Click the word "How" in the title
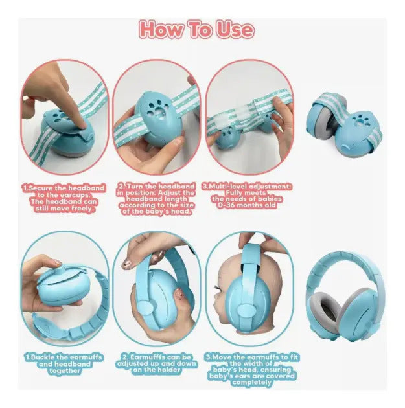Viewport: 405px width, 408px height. (161, 29)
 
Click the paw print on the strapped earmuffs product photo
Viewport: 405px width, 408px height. (360, 120)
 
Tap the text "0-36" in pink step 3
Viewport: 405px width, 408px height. (227, 205)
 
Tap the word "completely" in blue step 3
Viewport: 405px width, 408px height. (251, 382)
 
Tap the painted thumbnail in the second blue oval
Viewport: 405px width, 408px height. (128, 264)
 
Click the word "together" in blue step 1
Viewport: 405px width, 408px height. (64, 370)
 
